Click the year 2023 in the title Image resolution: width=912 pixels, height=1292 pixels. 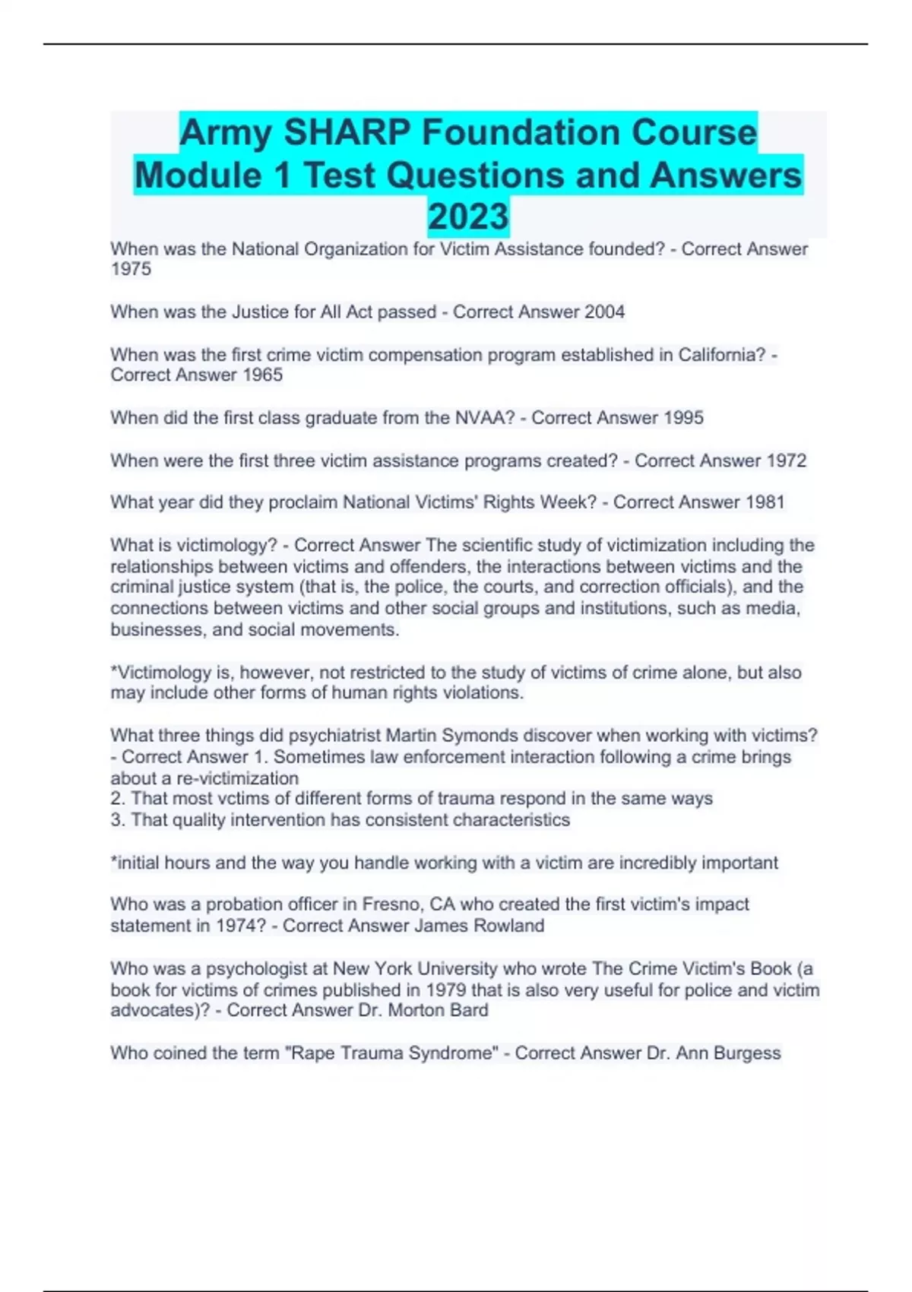tap(468, 217)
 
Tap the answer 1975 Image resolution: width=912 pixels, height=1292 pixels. tap(131, 269)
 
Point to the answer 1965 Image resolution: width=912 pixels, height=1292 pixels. tap(262, 375)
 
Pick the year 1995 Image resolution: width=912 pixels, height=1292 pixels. tap(683, 417)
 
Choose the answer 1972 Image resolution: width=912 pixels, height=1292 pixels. tap(786, 461)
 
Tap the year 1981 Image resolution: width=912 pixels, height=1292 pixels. tap(765, 502)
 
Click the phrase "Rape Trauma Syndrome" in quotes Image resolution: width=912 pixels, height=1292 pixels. tap(391, 1053)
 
